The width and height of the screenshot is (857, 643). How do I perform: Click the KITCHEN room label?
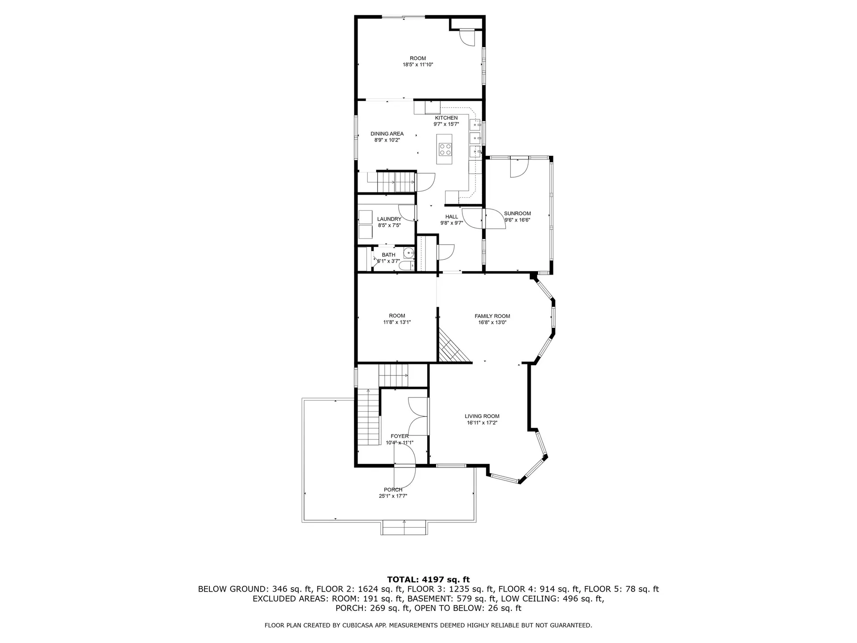[x=446, y=118]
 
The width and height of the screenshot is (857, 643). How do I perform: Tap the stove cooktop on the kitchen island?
[x=445, y=149]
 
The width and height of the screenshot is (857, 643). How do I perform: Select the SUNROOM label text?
[x=517, y=213]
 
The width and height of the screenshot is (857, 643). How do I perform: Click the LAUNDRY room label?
[x=389, y=219]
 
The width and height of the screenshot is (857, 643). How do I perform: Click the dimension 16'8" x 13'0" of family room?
[x=492, y=322]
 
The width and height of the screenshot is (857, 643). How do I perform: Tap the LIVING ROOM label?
[x=482, y=416]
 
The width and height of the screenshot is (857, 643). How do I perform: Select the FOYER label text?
[x=399, y=436]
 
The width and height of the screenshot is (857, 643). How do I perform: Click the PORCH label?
[x=393, y=490]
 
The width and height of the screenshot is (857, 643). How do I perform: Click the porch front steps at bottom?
[x=404, y=528]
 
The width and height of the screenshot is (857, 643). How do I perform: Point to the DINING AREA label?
[x=387, y=134]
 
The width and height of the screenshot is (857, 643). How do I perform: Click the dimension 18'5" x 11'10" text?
[x=418, y=65]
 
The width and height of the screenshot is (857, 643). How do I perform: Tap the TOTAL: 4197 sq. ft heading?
[x=428, y=580]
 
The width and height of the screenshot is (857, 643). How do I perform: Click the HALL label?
[x=452, y=217]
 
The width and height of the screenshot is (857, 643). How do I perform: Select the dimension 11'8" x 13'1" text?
[x=397, y=322]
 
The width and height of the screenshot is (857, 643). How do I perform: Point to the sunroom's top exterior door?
[x=520, y=167]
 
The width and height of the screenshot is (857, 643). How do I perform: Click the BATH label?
[x=388, y=255]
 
